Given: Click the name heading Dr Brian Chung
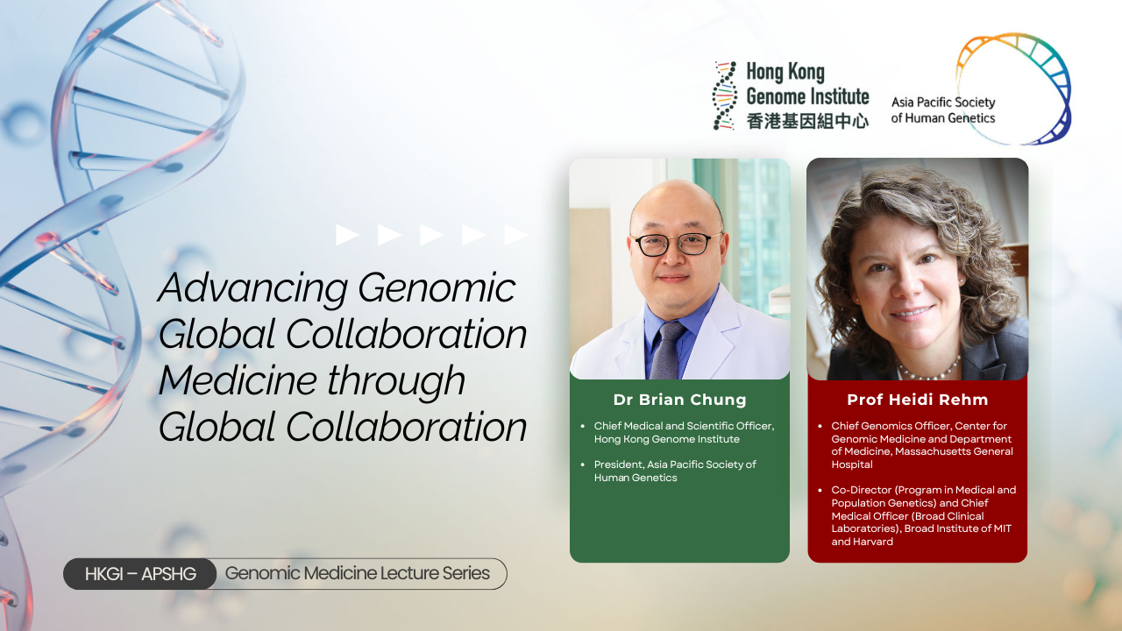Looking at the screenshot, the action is click(x=679, y=400).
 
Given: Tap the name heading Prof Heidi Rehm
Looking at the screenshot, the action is click(x=918, y=400).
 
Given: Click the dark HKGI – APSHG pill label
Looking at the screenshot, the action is click(x=139, y=574).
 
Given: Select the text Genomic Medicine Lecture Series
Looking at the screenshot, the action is click(x=357, y=573).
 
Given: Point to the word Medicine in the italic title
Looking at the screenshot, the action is click(x=237, y=380).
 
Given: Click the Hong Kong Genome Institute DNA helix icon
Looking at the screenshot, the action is click(x=725, y=96).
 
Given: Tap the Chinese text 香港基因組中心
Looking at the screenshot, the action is click(x=807, y=121).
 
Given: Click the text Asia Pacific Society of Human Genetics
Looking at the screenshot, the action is click(x=943, y=110).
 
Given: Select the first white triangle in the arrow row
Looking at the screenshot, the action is click(x=347, y=235).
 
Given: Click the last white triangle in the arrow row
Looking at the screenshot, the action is click(x=515, y=235).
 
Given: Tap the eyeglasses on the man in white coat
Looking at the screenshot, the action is click(x=676, y=245).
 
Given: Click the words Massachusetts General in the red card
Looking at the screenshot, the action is click(x=955, y=451).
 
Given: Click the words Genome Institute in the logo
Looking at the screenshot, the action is click(x=807, y=96).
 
